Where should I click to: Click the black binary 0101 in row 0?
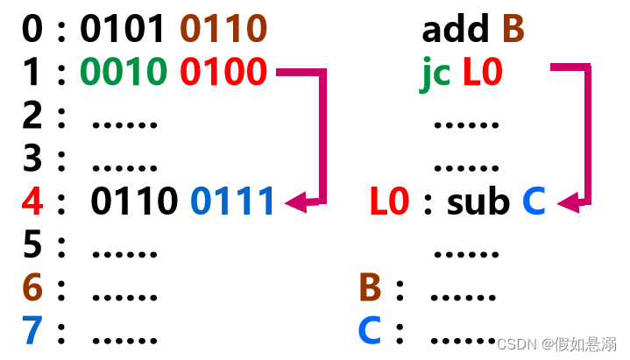[123, 29]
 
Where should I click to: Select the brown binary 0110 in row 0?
[223, 29]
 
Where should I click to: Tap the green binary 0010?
[123, 72]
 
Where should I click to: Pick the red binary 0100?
[223, 72]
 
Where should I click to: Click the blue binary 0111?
[233, 202]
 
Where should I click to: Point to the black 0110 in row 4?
[133, 202]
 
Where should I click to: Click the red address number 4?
[32, 202]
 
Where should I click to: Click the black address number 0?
[32, 29]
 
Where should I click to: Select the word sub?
[478, 202]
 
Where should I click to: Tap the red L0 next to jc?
[482, 72]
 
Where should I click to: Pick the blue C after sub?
[534, 202]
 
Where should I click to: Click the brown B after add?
[513, 29]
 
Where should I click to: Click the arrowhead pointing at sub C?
[568, 203]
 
